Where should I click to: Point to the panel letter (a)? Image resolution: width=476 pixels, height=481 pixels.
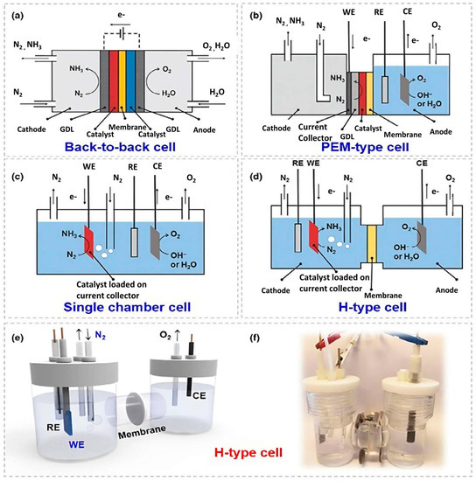[17, 14]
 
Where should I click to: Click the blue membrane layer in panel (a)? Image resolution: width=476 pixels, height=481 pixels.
[130, 68]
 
